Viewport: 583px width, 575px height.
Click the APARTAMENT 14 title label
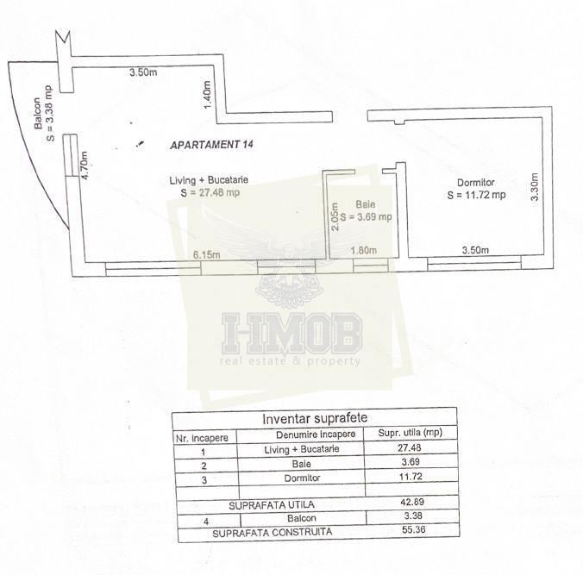216,146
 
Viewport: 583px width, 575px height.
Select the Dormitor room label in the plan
476,183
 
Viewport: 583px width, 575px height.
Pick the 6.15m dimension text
207,254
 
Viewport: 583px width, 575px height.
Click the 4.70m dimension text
84,165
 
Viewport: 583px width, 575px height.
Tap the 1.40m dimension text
206,91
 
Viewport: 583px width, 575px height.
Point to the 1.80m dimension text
365,251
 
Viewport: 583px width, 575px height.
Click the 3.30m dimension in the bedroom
535,188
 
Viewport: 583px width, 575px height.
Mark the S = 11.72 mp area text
476,196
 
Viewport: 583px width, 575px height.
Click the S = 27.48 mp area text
210,192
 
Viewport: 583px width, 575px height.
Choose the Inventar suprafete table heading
308,419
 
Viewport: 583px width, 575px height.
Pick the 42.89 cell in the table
411,502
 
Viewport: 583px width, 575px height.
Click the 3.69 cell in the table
411,463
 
